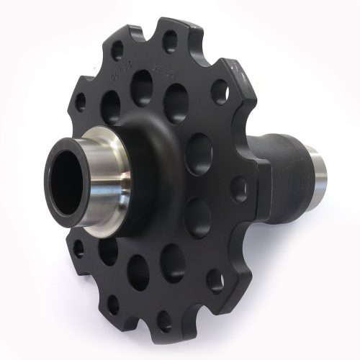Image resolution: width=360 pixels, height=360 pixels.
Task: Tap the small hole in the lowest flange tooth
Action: [165, 320]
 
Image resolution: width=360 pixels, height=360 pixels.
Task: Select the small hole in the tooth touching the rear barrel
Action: [240, 189]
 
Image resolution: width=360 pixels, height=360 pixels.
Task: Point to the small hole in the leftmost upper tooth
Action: [81, 100]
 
